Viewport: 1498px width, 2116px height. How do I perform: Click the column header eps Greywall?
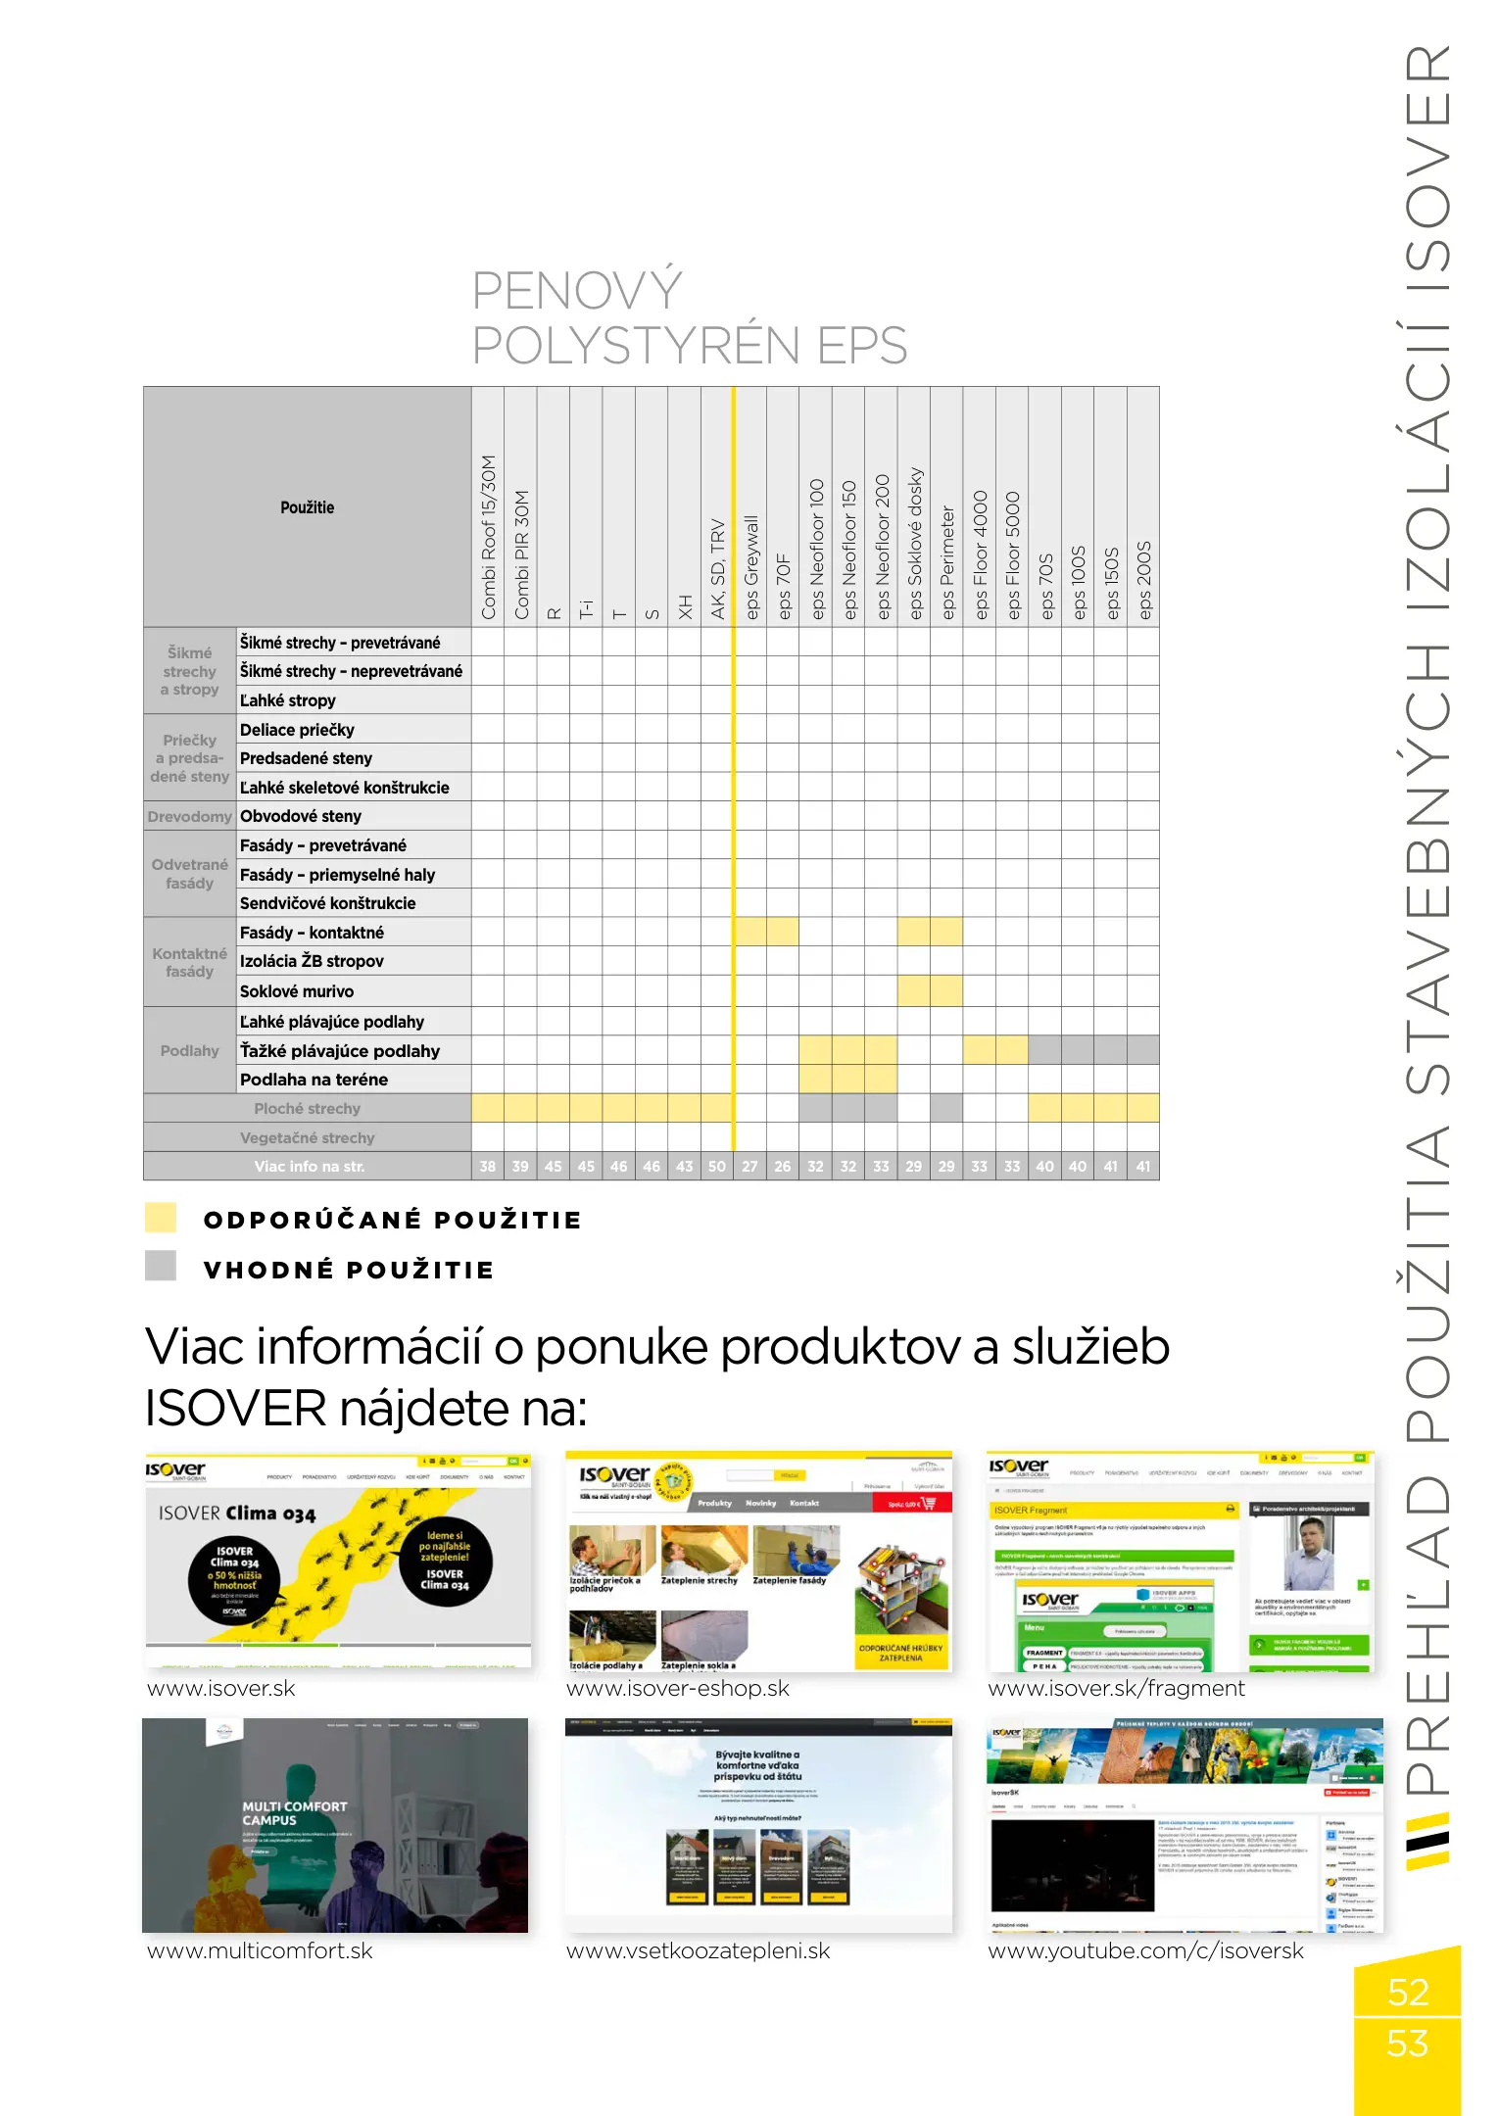pos(751,566)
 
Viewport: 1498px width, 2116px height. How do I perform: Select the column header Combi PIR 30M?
pos(521,553)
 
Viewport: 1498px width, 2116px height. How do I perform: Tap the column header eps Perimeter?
pos(947,561)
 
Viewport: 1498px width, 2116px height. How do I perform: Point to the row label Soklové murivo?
pos(297,991)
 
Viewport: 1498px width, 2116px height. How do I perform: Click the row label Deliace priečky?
pos(297,730)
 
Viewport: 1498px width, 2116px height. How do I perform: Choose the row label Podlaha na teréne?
pos(314,1080)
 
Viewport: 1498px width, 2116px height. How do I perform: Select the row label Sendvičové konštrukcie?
pos(327,903)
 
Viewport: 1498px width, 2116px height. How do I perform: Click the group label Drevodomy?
pos(190,816)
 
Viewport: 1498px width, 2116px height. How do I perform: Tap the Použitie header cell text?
pos(307,507)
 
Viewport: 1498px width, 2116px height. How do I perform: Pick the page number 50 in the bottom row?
pos(717,1167)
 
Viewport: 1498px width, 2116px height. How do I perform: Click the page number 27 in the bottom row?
pos(750,1167)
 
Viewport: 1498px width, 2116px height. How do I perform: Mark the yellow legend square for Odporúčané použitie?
pos(161,1218)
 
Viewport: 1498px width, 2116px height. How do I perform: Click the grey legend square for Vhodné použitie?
pos(161,1266)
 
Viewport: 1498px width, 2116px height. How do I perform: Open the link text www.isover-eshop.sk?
pos(678,1689)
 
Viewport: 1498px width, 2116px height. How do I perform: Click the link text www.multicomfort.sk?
pos(260,1950)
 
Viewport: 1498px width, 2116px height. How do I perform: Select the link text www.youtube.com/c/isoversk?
pos(1145,1950)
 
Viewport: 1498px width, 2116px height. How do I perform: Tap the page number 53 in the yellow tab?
pos(1407,2044)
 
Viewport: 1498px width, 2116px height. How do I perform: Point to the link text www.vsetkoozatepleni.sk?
pos(698,1950)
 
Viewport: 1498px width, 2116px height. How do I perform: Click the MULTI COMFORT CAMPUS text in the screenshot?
pos(294,1813)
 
